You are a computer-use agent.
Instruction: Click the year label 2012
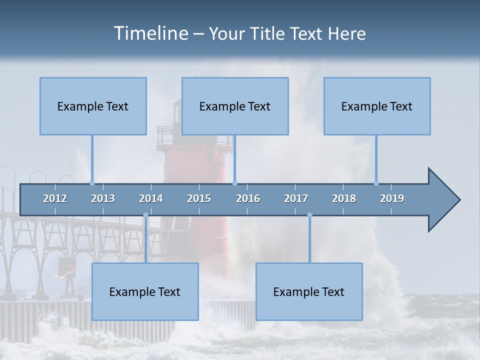[x=55, y=198]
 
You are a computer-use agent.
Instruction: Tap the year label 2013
[x=103, y=198]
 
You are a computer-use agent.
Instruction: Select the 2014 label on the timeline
[x=151, y=198]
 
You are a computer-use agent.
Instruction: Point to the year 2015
[x=199, y=198]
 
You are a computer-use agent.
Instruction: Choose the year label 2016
[x=248, y=198]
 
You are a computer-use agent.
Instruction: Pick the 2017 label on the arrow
[x=296, y=198]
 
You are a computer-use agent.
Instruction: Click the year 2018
[x=344, y=198]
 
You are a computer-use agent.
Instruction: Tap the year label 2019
[x=392, y=198]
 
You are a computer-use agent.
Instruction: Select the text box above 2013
[x=93, y=106]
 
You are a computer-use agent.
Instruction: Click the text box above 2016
[x=235, y=106]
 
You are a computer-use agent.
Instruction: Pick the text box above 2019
[x=377, y=106]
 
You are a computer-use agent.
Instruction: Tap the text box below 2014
[x=145, y=291]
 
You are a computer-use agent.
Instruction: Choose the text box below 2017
[x=309, y=291]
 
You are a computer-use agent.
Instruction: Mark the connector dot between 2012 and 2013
[x=92, y=183]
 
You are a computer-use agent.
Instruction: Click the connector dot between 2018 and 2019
[x=376, y=183]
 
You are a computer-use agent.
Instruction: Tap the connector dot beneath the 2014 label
[x=145, y=215]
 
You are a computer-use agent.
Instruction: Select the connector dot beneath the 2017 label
[x=309, y=215]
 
